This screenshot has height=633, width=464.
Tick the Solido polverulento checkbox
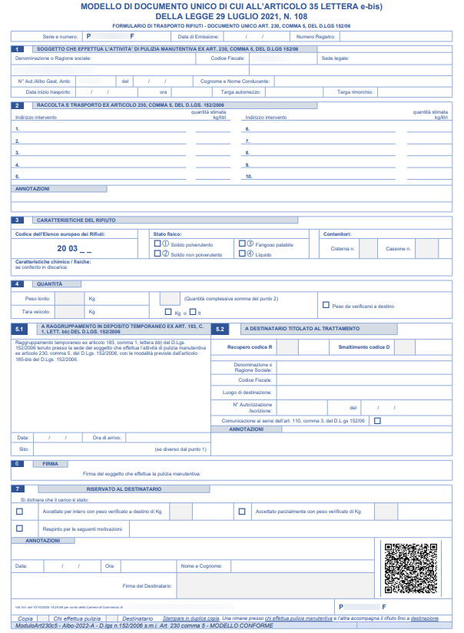[157, 244]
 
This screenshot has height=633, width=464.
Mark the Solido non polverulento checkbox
[157, 253]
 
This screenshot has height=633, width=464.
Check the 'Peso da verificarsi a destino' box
[326, 305]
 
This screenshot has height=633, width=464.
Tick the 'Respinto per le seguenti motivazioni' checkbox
[19, 528]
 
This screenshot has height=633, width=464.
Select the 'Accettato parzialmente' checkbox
[242, 511]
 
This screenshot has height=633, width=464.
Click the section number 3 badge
[18, 219]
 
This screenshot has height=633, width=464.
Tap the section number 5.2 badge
[220, 329]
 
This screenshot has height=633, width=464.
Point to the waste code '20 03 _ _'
[73, 249]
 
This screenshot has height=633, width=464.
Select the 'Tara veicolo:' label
[36, 312]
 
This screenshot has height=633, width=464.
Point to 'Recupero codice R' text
[250, 347]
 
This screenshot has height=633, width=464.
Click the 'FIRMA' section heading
[51, 464]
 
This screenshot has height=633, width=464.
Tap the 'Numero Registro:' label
[316, 36]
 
